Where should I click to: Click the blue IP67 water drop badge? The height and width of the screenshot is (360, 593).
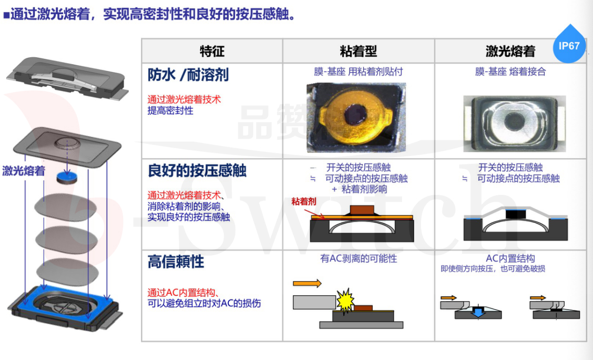[569, 45]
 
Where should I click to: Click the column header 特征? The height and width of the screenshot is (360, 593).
[212, 51]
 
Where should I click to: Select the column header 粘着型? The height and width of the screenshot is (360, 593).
[359, 51]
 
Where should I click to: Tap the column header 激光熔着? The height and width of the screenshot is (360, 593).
[510, 51]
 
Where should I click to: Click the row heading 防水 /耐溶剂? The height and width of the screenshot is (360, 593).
[188, 75]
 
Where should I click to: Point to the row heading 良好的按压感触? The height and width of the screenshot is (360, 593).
[197, 171]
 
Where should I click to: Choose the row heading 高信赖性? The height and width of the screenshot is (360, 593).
[176, 262]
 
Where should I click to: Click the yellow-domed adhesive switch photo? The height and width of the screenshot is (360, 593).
[356, 118]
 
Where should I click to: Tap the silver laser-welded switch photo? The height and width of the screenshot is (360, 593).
[514, 124]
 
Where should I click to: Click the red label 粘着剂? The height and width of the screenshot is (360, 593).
[303, 202]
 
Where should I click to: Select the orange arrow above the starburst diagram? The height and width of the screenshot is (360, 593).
[307, 283]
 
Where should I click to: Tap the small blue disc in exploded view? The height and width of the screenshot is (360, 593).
[67, 177]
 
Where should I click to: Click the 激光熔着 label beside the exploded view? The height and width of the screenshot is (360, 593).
[24, 171]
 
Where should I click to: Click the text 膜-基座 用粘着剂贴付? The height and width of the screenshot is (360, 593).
[358, 71]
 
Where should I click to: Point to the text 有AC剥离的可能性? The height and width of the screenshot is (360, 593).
[359, 258]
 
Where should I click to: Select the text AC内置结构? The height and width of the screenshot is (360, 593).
[510, 258]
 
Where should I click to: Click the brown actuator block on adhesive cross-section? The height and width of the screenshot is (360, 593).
[362, 210]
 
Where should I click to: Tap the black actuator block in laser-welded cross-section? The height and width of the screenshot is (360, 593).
[516, 214]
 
